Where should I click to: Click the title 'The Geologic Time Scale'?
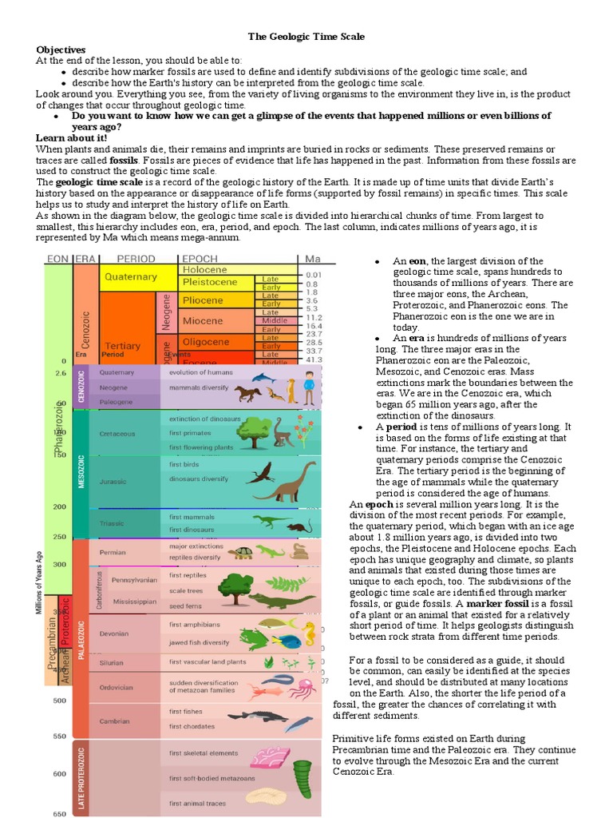307,37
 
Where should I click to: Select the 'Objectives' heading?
61,50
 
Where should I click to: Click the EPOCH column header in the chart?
200,259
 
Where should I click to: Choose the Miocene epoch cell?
207,320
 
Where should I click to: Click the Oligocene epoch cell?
207,342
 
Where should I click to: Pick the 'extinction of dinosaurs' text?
204,419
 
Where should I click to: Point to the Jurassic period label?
113,482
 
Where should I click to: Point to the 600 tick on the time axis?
60,774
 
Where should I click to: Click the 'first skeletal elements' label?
204,753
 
